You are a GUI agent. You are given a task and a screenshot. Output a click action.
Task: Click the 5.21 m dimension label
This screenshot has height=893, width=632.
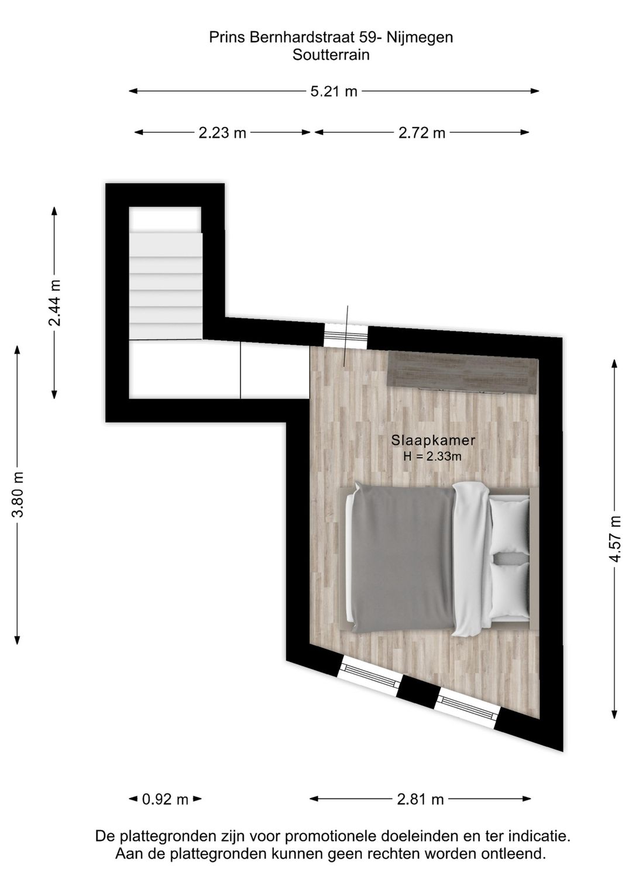click(334, 91)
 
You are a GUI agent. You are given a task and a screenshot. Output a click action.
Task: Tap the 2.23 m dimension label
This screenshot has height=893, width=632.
click(222, 133)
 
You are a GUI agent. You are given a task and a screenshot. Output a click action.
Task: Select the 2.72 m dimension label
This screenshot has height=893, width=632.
click(422, 133)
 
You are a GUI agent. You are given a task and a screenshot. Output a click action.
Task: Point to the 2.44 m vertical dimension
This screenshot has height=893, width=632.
click(54, 303)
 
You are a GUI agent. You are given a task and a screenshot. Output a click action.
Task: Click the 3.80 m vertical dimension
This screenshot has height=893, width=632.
click(18, 494)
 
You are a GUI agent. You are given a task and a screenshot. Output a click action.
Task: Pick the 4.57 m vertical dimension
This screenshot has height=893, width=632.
click(614, 539)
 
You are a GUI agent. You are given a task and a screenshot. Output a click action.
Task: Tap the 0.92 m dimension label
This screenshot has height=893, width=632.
click(165, 799)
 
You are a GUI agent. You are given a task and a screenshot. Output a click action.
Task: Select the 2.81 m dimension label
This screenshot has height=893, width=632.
click(420, 799)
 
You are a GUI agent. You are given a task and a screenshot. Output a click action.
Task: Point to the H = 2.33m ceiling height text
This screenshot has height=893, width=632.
click(433, 456)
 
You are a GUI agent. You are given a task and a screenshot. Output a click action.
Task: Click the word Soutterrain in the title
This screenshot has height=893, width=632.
click(331, 55)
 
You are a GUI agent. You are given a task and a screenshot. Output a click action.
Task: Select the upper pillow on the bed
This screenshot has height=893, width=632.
click(509, 525)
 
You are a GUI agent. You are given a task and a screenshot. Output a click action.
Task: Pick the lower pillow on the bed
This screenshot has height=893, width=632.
click(509, 590)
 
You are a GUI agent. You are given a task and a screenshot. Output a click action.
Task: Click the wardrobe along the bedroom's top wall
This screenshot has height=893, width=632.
click(463, 372)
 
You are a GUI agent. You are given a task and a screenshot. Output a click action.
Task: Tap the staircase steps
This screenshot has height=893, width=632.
click(166, 281)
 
